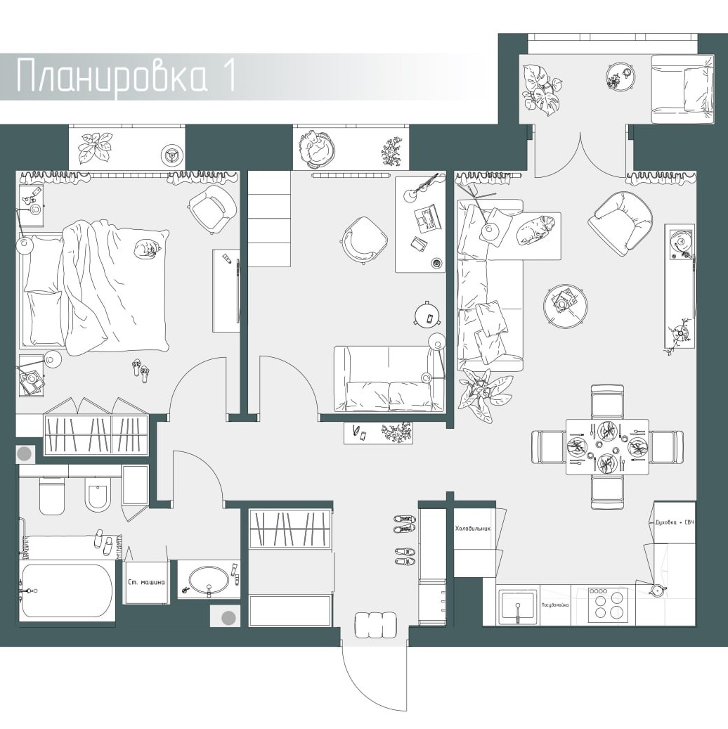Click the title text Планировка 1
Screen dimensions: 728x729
pyautogui.click(x=126, y=75)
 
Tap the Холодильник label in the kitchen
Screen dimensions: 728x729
pyautogui.click(x=473, y=529)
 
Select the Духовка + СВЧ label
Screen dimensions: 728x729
pyautogui.click(x=674, y=522)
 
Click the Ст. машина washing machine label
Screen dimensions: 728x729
pyautogui.click(x=146, y=582)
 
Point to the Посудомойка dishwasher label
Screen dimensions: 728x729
pyautogui.click(x=556, y=605)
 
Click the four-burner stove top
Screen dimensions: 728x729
pyautogui.click(x=608, y=605)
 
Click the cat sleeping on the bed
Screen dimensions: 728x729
pyautogui.click(x=147, y=249)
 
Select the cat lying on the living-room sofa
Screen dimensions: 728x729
pyautogui.click(x=535, y=228)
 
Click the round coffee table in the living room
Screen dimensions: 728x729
pyautogui.click(x=565, y=306)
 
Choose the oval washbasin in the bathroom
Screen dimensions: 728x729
pyautogui.click(x=209, y=579)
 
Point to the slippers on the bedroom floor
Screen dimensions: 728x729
pyautogui.click(x=141, y=371)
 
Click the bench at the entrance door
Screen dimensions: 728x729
pyautogui.click(x=376, y=624)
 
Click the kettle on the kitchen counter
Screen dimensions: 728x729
pyautogui.click(x=657, y=590)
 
